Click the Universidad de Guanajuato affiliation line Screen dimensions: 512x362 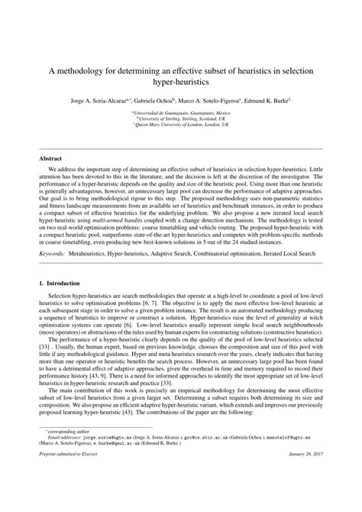(x=181, y=112)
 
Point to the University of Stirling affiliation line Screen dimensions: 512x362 (x=181, y=118)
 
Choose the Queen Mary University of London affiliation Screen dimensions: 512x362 (x=181, y=125)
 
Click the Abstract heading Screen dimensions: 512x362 (x=50, y=158)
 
